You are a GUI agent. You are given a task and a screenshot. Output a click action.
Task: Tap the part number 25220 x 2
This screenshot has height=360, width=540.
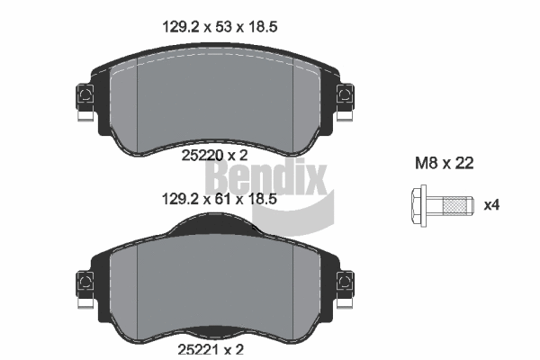[214, 155]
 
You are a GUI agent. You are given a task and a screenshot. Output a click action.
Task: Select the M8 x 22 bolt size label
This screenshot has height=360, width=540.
[444, 164]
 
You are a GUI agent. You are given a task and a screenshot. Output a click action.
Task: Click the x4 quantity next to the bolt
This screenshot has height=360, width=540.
[491, 205]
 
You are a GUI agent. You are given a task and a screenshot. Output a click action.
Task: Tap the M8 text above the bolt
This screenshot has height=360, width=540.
[425, 164]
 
